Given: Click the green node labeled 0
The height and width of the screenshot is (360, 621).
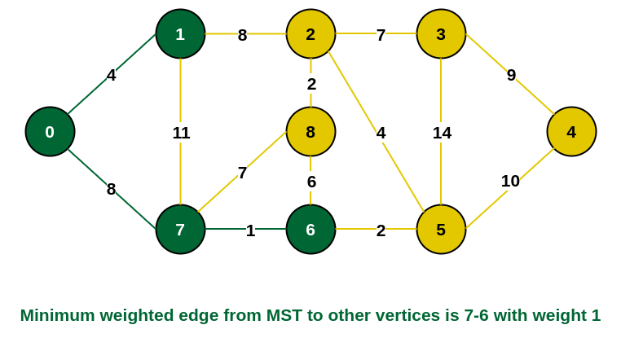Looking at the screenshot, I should click(50, 131).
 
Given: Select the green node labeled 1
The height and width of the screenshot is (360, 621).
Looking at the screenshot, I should click(180, 33).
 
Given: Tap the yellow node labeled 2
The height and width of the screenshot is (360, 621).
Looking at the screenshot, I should click(310, 33).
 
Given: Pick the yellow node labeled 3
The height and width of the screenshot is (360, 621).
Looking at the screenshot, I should click(441, 33).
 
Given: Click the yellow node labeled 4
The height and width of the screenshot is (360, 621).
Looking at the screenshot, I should click(571, 131).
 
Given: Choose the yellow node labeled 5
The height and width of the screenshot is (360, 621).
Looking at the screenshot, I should click(441, 229).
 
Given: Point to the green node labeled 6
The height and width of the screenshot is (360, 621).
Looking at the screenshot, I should click(310, 229).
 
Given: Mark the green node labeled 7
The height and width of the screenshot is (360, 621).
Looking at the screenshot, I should click(180, 229).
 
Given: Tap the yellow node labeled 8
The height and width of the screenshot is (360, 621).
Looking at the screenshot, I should click(310, 131).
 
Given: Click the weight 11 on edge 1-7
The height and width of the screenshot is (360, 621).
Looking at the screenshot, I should click(181, 133).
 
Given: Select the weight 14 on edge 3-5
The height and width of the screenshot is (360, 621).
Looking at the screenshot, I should click(442, 133).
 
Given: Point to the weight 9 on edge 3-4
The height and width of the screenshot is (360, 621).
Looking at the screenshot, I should click(511, 75).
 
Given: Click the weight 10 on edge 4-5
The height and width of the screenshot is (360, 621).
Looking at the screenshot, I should click(510, 181).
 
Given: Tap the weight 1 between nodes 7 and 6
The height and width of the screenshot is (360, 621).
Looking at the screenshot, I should click(250, 230).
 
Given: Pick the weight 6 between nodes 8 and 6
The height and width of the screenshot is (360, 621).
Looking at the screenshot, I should click(311, 182).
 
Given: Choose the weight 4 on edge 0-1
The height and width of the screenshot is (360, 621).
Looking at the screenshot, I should click(111, 75).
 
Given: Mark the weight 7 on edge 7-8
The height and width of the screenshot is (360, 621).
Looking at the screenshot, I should click(242, 173).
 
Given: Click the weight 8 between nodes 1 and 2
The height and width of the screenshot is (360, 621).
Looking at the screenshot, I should click(242, 35).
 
